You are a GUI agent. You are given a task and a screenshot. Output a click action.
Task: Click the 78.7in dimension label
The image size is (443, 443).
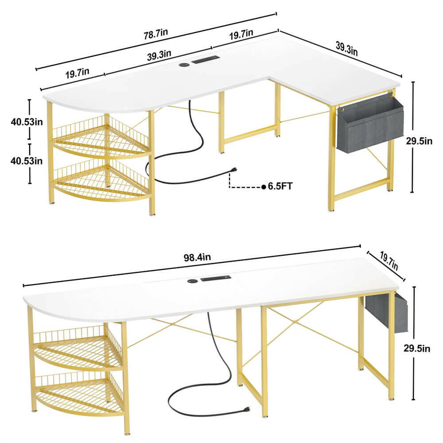click(x=158, y=35)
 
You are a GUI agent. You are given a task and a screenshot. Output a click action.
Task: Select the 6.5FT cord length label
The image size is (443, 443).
click(x=280, y=187)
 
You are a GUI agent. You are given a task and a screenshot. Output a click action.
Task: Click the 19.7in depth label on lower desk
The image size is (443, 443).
click(x=389, y=261)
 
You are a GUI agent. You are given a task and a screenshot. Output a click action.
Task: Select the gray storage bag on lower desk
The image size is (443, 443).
click(x=386, y=312)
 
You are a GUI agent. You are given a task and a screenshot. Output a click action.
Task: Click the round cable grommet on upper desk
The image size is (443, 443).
click(x=183, y=65)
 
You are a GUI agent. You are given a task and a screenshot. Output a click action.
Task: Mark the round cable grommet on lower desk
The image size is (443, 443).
click(x=192, y=280)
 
